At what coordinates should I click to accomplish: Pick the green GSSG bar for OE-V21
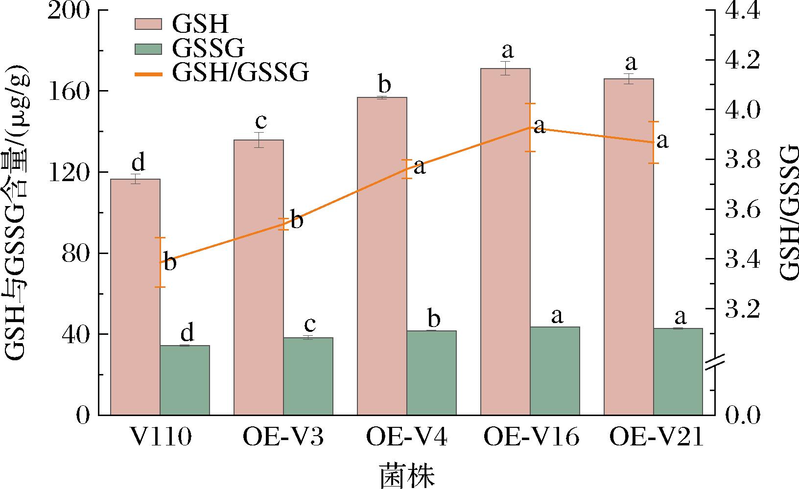coord(678,372)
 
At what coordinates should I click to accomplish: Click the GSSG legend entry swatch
coord(148,49)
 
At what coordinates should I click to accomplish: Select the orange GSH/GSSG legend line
coord(148,74)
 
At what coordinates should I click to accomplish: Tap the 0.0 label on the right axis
coord(742,416)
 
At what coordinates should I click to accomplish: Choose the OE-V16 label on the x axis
coord(531,438)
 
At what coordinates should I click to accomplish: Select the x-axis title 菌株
coord(407,474)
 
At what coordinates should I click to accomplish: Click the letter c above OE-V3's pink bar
coord(259,120)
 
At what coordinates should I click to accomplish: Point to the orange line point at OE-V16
coord(530,127)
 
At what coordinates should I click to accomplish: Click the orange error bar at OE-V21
coord(654,142)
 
